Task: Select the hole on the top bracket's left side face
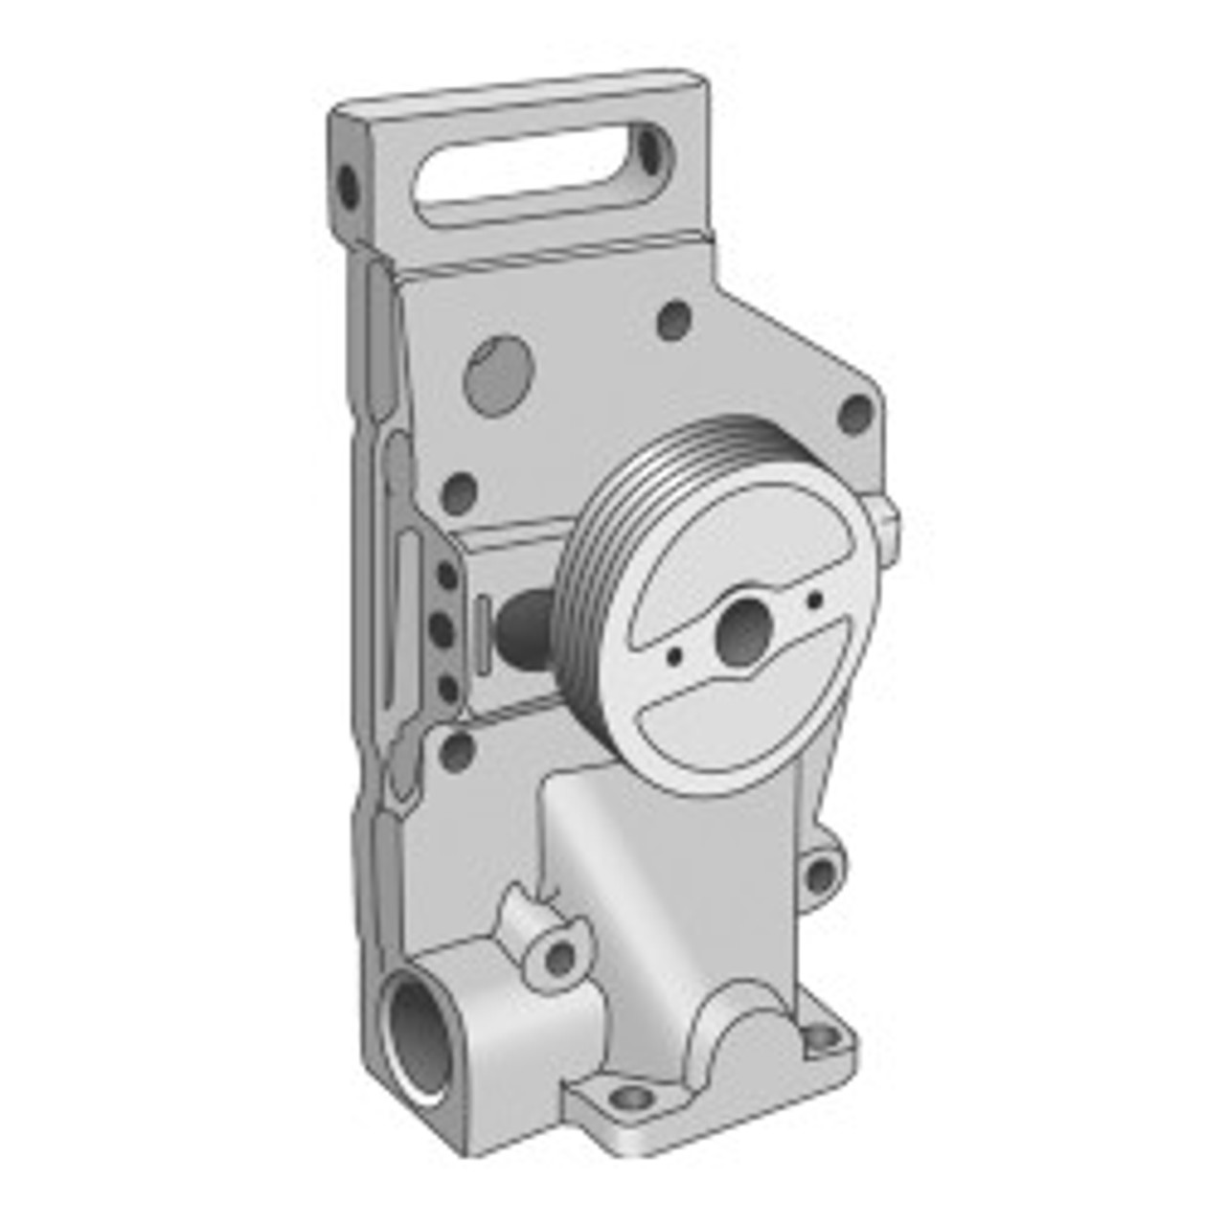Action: click(x=348, y=187)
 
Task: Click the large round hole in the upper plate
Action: click(x=498, y=375)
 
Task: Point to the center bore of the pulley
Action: click(x=745, y=631)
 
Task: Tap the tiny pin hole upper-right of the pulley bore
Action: click(x=815, y=601)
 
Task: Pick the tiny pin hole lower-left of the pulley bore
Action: click(x=675, y=656)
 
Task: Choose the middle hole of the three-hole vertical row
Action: click(x=442, y=629)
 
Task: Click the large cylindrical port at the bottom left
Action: click(x=421, y=1039)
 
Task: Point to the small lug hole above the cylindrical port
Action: click(x=560, y=957)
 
